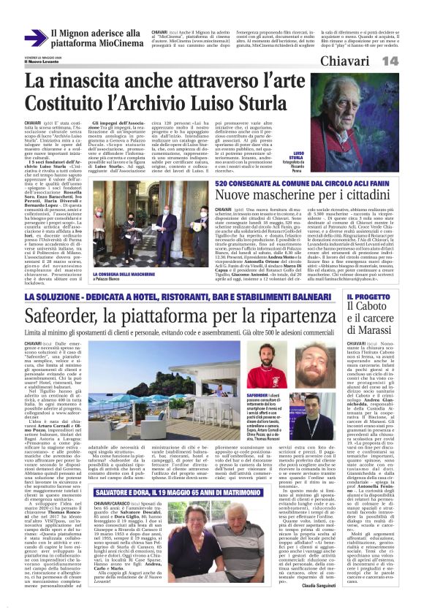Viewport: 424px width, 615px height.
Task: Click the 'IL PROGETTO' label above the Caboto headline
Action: tap(384, 297)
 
